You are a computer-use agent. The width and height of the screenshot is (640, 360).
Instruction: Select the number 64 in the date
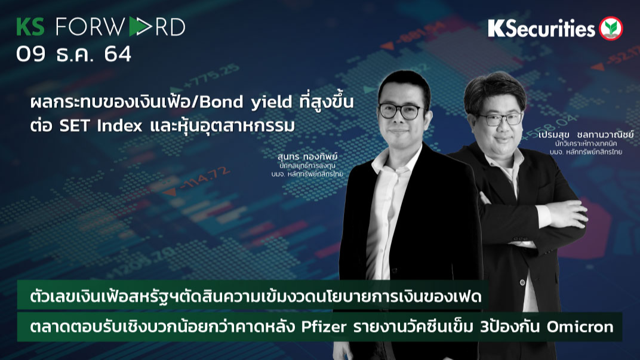tap(117, 54)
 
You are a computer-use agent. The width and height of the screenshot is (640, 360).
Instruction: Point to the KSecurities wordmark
tap(541, 28)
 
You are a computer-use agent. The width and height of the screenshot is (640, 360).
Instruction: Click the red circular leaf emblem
tap(611, 28)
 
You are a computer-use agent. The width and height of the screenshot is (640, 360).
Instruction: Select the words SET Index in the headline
tap(91, 126)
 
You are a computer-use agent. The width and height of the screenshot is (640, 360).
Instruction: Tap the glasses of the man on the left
tap(401, 111)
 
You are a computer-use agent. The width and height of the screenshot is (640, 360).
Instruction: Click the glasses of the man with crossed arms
tap(499, 119)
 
